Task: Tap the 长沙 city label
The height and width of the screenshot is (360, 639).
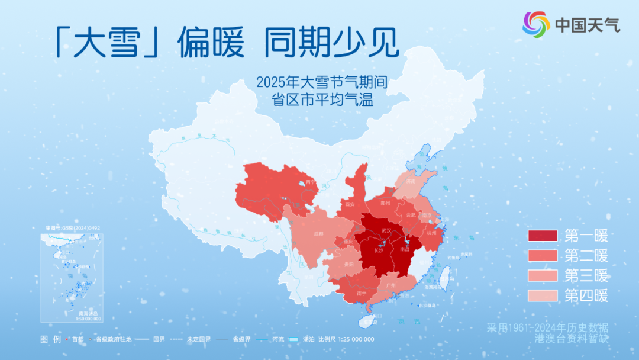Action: pyautogui.click(x=379, y=250)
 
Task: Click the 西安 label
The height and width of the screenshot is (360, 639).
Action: pyautogui.click(x=349, y=204)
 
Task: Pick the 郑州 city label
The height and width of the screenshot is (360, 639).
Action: pyautogui.click(x=386, y=203)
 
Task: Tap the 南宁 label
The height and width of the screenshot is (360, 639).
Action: pyautogui.click(x=362, y=292)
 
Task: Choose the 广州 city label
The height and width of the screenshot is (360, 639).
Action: pyautogui.click(x=390, y=285)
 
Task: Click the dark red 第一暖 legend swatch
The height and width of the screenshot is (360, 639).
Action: pyautogui.click(x=543, y=236)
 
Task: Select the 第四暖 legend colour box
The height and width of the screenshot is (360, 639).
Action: pyautogui.click(x=543, y=295)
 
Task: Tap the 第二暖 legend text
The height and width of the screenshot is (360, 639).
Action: pyautogui.click(x=586, y=256)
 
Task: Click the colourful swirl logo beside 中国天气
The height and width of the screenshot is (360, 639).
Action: pyautogui.click(x=536, y=24)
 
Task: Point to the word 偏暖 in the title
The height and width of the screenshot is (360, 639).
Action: pyautogui.click(x=211, y=41)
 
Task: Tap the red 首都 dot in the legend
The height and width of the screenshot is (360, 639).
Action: pyautogui.click(x=69, y=339)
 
